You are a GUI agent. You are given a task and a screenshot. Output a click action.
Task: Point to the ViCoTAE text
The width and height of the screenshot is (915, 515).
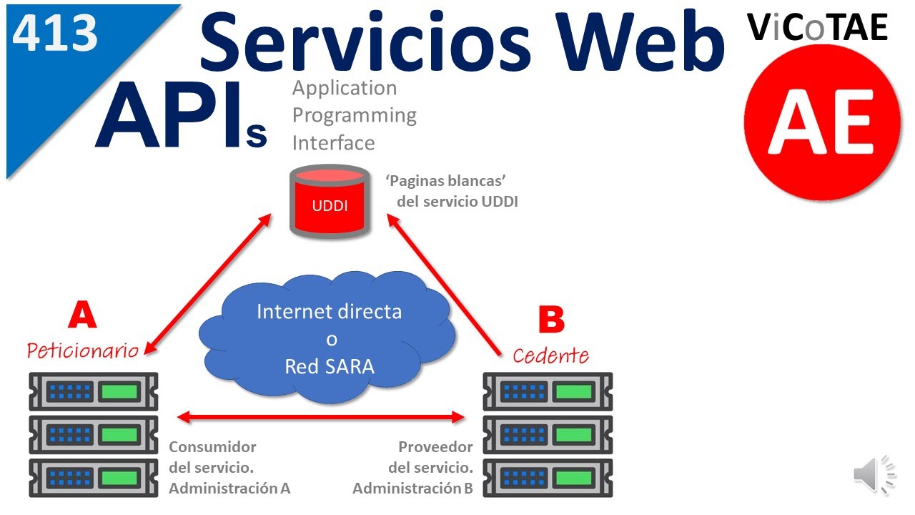point(818,27)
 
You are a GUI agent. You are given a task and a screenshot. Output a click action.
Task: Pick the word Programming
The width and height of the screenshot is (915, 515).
point(355,115)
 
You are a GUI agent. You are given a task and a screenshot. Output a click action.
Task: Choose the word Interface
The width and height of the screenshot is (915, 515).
point(333,143)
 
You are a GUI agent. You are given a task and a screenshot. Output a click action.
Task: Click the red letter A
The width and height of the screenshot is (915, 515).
point(82,315)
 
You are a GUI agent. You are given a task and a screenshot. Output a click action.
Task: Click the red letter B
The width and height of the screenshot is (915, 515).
point(550,320)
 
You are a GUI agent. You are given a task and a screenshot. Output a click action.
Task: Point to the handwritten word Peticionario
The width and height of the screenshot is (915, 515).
point(82,350)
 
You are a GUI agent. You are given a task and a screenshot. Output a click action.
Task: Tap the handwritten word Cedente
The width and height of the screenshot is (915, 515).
point(550,355)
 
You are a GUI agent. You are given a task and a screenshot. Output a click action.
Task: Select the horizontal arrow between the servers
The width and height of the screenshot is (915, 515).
point(322,416)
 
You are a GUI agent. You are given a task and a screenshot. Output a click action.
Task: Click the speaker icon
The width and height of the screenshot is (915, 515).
point(874,474)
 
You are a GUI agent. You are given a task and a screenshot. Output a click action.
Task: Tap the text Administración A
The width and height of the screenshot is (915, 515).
point(229,489)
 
